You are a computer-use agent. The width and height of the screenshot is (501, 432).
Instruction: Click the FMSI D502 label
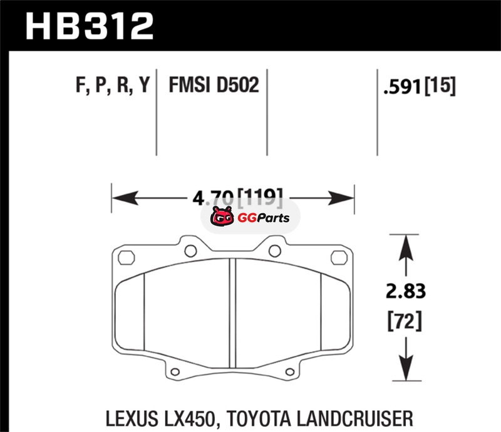point(214,84)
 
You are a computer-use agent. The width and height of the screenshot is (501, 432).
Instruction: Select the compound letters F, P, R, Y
point(113,84)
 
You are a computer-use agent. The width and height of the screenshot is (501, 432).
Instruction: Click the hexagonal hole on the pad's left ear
point(126,256)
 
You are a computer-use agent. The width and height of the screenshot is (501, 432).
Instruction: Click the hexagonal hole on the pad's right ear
point(341,256)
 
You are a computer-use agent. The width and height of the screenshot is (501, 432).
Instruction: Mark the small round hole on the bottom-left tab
point(176,373)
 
